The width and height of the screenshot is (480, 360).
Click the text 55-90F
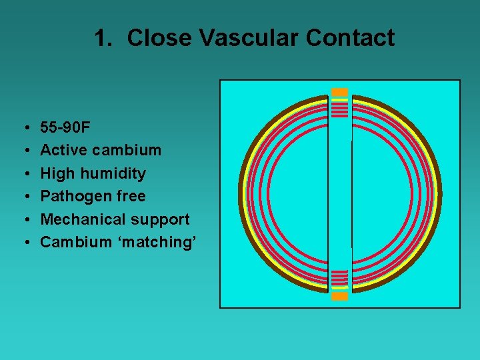click(65, 127)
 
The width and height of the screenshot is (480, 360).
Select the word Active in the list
click(64, 150)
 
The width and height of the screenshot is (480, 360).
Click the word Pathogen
click(73, 196)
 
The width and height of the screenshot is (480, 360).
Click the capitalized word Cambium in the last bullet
click(73, 242)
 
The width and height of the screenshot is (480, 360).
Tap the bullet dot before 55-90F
click(25, 127)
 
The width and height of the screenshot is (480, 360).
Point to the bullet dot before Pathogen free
click(25, 197)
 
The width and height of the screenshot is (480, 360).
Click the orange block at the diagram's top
click(340, 92)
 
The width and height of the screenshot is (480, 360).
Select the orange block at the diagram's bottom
click(340, 297)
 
